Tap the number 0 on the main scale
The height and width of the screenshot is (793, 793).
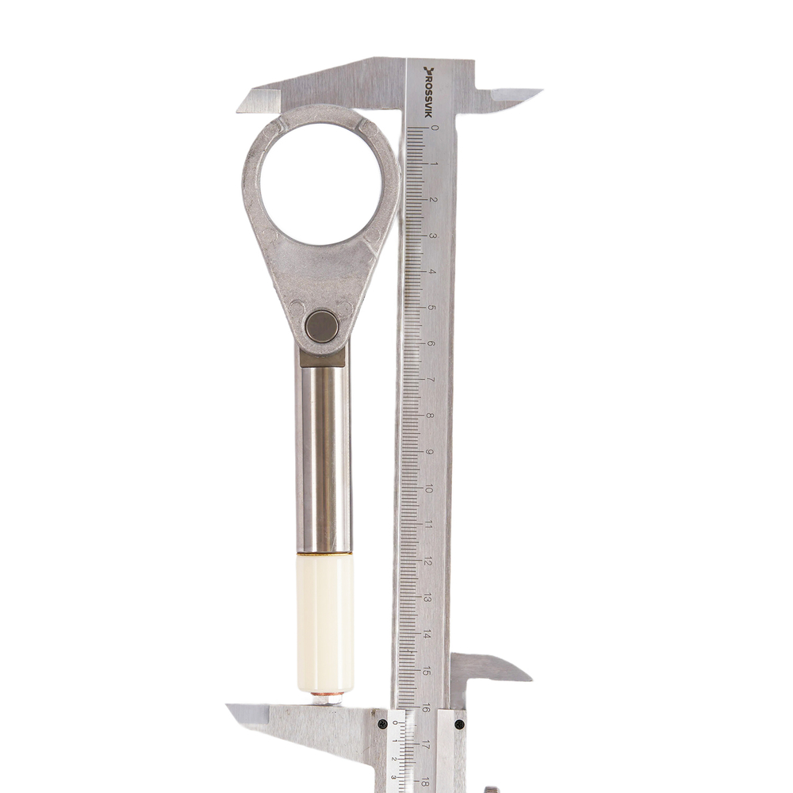435,128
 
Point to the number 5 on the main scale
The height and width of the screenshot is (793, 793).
431,308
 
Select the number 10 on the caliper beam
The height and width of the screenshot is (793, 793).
429,489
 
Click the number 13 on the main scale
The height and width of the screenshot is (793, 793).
427,599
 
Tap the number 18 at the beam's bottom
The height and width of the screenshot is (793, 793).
425,782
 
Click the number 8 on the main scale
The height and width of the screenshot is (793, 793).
430,416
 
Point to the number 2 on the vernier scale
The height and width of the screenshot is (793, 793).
394,759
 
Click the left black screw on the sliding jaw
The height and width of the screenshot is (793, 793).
383,724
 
